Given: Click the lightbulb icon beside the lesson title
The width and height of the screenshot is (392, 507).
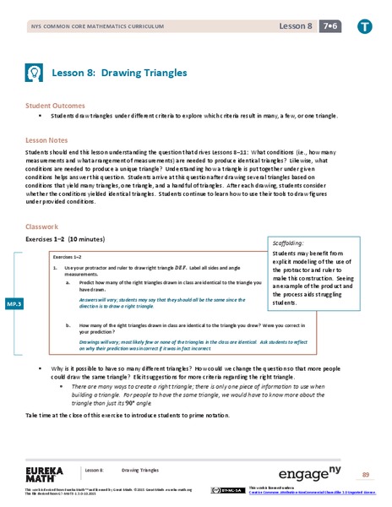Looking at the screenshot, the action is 35,74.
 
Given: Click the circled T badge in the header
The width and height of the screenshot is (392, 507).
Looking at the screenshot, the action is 363,26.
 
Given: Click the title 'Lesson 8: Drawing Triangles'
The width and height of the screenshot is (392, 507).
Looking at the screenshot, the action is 119,74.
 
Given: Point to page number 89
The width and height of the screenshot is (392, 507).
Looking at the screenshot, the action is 366,474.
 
